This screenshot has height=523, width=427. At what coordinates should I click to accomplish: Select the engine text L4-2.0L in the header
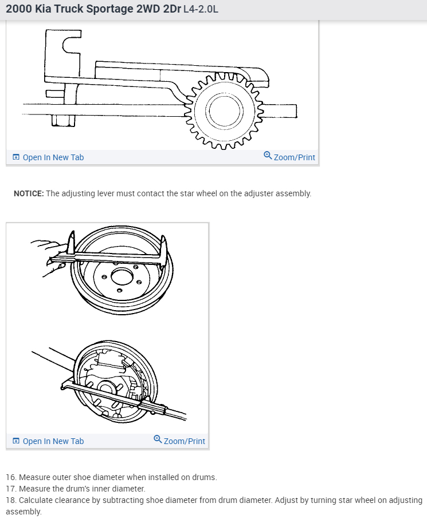tap(200, 10)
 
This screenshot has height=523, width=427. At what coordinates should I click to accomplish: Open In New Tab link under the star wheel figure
tap(53, 157)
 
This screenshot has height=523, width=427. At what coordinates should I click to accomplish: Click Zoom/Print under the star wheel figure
tap(294, 157)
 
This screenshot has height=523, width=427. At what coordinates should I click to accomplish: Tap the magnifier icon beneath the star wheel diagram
tap(268, 156)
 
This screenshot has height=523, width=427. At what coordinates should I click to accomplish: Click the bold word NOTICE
tap(29, 193)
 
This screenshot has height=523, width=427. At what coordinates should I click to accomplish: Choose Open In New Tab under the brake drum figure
tap(53, 441)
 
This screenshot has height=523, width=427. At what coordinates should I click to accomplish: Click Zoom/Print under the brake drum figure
tap(184, 441)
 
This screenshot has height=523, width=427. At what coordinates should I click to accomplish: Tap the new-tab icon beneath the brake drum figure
tap(16, 441)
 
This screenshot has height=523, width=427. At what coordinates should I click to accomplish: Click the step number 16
tap(11, 477)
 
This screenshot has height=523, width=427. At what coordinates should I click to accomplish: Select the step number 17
tap(11, 489)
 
